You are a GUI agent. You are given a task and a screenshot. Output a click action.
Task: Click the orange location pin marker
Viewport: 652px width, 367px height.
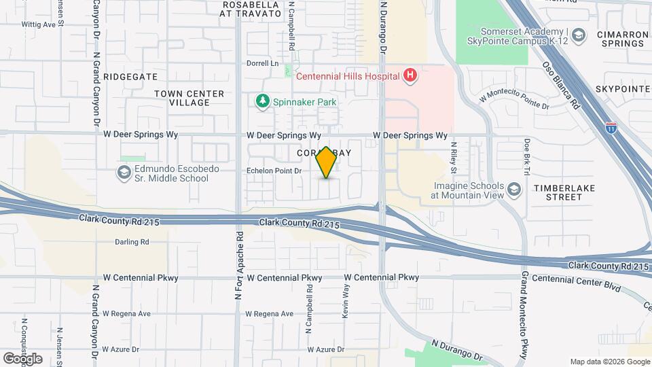pos(326,162)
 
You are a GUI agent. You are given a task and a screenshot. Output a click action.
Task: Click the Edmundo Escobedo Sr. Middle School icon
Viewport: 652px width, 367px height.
pos(124,173)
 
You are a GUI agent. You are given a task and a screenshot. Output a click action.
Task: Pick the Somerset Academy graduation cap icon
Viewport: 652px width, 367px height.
pos(578,35)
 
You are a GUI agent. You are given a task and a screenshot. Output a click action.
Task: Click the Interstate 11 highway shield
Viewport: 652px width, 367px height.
pos(611,126)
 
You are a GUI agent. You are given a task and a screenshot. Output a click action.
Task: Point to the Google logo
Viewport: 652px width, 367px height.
pos(22,358)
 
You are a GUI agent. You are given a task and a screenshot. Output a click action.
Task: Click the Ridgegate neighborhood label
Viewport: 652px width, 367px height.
pos(130,77)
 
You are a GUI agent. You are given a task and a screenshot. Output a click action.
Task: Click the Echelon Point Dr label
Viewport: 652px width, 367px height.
pos(273,171)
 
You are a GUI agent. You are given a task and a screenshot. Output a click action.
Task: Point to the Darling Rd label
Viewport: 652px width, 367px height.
pos(132,241)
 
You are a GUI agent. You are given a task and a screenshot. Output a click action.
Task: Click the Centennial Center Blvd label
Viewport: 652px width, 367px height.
pos(576,283)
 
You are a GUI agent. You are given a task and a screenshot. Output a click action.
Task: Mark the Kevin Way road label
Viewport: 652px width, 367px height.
pos(346,300)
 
